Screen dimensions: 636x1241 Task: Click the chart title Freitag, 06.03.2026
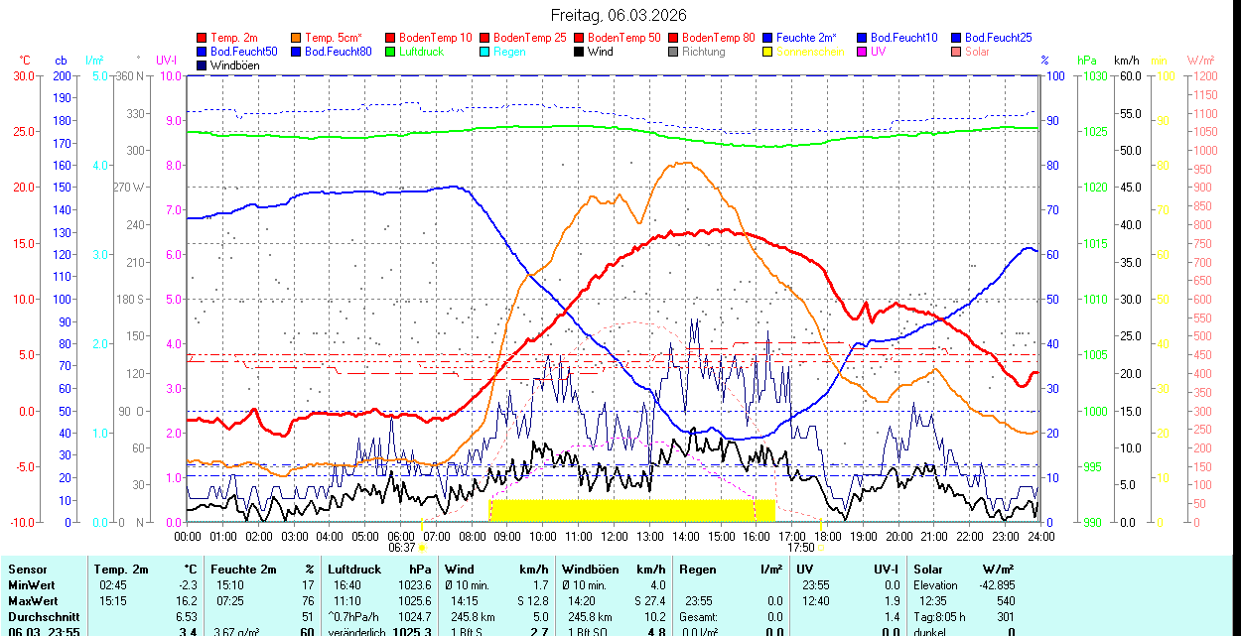point(619,15)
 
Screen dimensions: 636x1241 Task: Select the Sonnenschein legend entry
point(810,52)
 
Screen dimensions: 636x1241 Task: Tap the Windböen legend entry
point(234,65)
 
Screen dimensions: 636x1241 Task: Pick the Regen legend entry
point(509,52)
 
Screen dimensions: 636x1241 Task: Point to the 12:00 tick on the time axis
point(614,536)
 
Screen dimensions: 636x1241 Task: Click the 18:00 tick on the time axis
point(828,536)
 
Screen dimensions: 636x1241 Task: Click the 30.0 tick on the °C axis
point(22,75)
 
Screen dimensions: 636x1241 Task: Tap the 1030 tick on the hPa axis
point(1096,75)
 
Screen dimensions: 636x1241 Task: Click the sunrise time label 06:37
point(402,547)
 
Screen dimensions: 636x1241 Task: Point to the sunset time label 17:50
point(800,547)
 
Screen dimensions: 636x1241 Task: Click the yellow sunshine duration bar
point(631,510)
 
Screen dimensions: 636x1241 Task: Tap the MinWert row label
point(33,585)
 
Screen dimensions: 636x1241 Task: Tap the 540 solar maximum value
point(1005,601)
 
